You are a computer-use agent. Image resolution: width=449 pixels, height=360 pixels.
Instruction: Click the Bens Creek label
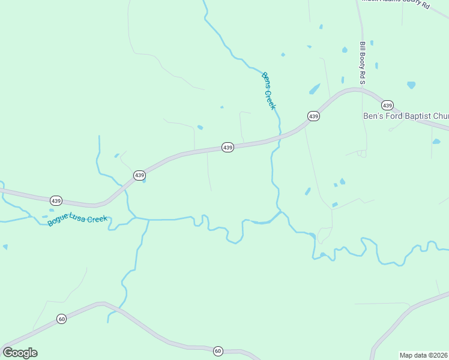coord(268,91)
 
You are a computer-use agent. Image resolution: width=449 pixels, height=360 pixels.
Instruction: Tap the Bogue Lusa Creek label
coord(77,220)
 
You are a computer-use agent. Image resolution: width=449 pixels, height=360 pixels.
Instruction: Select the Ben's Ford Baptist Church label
coord(406,116)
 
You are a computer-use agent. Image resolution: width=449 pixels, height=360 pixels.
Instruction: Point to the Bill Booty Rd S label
coord(363,62)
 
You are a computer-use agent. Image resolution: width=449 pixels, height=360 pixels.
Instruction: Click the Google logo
coord(20,353)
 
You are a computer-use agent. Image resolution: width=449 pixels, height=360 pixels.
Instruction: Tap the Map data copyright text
coord(424,355)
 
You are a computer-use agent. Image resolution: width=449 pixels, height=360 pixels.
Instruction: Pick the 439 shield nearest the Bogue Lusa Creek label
coord(56,200)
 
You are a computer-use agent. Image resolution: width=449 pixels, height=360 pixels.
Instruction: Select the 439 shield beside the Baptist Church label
coord(387,104)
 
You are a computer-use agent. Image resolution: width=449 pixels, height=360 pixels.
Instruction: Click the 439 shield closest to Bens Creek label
coord(313,116)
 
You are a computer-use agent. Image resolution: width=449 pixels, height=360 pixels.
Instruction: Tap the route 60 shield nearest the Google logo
coord(61,319)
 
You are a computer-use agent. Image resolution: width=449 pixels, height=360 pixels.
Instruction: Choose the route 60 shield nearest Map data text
coord(217,350)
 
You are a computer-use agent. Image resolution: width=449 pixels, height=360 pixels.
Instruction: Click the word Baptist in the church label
coord(420,116)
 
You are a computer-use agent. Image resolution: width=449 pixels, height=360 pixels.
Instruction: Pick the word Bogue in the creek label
coord(58,223)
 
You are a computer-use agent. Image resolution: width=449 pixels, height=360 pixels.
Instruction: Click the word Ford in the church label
coord(393,116)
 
